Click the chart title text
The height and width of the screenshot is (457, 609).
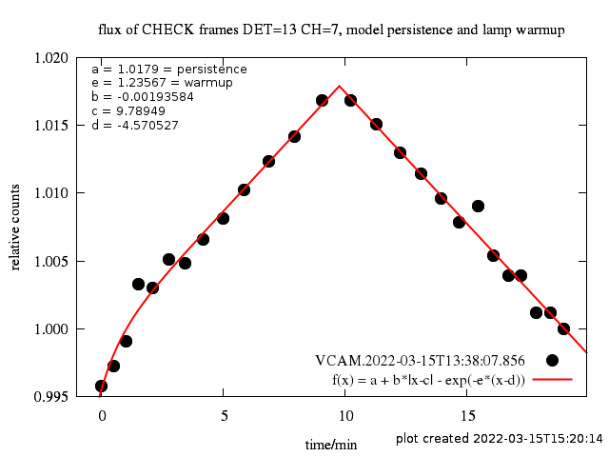(332, 30)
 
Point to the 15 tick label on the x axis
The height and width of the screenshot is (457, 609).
(468, 416)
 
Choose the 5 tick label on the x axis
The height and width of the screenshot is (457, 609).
(224, 416)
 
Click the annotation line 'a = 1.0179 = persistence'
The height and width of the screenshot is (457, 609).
(168, 70)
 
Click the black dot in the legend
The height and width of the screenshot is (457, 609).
(552, 360)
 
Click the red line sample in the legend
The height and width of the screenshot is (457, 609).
(552, 379)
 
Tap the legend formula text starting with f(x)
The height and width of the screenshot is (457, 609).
(428, 379)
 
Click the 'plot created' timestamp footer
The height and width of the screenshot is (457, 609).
(500, 438)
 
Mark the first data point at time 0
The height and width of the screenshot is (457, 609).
(101, 386)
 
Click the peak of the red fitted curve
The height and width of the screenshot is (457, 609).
(340, 86)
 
